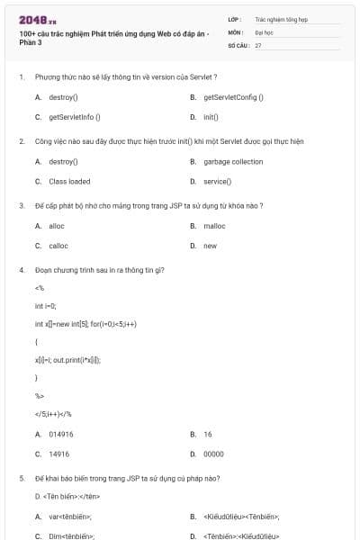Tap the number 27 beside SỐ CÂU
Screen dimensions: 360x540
tap(258, 44)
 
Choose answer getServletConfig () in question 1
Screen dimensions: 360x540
tap(233, 96)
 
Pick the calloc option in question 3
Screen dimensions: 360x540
tap(58, 245)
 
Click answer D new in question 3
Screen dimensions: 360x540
tap(210, 245)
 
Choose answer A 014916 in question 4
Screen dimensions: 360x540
tap(60, 434)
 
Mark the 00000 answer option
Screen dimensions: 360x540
tap(213, 454)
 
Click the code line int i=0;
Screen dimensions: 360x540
tap(45, 306)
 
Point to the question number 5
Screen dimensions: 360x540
tap(21, 478)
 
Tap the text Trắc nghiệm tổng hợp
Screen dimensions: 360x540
tap(282, 18)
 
